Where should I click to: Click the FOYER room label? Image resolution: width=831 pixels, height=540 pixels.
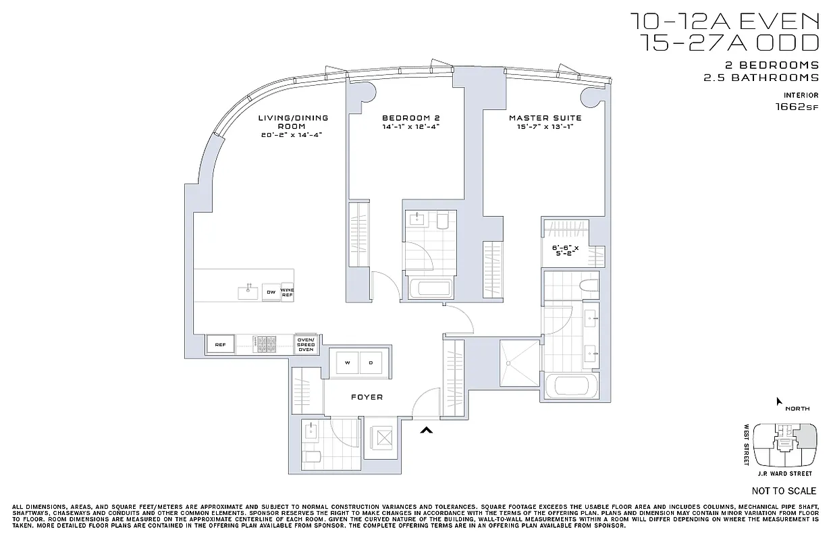pyautogui.click(x=367, y=398)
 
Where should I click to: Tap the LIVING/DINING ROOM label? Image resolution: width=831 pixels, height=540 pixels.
pyautogui.click(x=293, y=122)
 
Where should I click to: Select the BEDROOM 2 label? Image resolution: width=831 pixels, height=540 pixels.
pyautogui.click(x=406, y=118)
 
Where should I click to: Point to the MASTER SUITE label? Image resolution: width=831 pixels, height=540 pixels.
pyautogui.click(x=545, y=118)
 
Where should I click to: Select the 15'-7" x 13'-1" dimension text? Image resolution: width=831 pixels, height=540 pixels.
pyautogui.click(x=545, y=127)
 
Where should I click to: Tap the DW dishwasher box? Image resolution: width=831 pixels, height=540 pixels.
pyautogui.click(x=270, y=292)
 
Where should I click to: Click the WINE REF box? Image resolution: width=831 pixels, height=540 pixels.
pyautogui.click(x=287, y=292)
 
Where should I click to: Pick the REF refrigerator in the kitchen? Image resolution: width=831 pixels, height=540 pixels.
pyautogui.click(x=219, y=344)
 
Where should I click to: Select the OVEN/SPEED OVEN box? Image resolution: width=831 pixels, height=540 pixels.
pyautogui.click(x=306, y=344)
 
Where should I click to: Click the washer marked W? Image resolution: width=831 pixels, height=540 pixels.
pyautogui.click(x=348, y=363)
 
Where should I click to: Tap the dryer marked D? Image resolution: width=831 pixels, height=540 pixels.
pyautogui.click(x=370, y=363)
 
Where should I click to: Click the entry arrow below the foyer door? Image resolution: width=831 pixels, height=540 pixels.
pyautogui.click(x=426, y=429)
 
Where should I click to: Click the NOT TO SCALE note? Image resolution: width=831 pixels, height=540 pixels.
pyautogui.click(x=784, y=491)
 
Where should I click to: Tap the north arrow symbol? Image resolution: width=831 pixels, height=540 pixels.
pyautogui.click(x=779, y=402)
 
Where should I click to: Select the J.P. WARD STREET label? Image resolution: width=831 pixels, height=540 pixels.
pyautogui.click(x=784, y=474)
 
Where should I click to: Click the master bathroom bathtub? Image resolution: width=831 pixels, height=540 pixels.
pyautogui.click(x=572, y=387)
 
